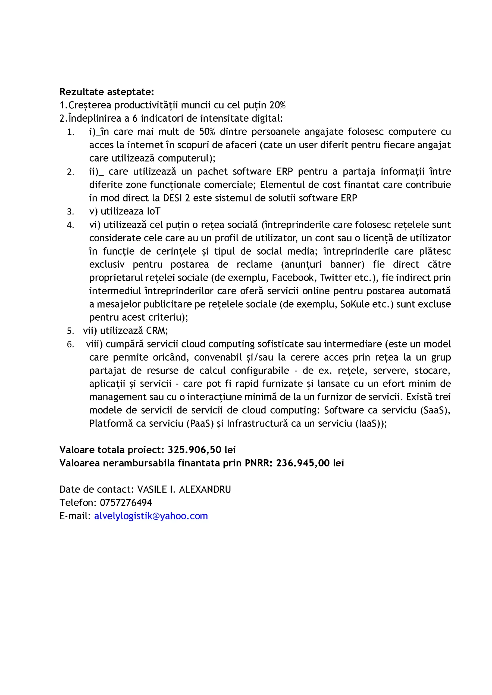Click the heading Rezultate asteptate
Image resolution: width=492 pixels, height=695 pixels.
pos(107,92)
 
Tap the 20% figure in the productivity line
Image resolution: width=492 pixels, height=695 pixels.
pos(277,105)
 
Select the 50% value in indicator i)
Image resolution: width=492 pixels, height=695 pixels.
pos(207,132)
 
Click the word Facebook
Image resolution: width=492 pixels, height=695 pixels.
pos(293,277)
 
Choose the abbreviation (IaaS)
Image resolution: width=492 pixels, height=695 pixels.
pos(369,423)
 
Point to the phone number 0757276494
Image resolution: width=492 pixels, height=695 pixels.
pos(126,503)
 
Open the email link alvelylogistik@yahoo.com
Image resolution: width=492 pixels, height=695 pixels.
pos(151,516)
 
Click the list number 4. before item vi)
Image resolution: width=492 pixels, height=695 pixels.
pos(70,225)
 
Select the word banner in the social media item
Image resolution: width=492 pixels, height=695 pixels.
pos(347,264)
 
